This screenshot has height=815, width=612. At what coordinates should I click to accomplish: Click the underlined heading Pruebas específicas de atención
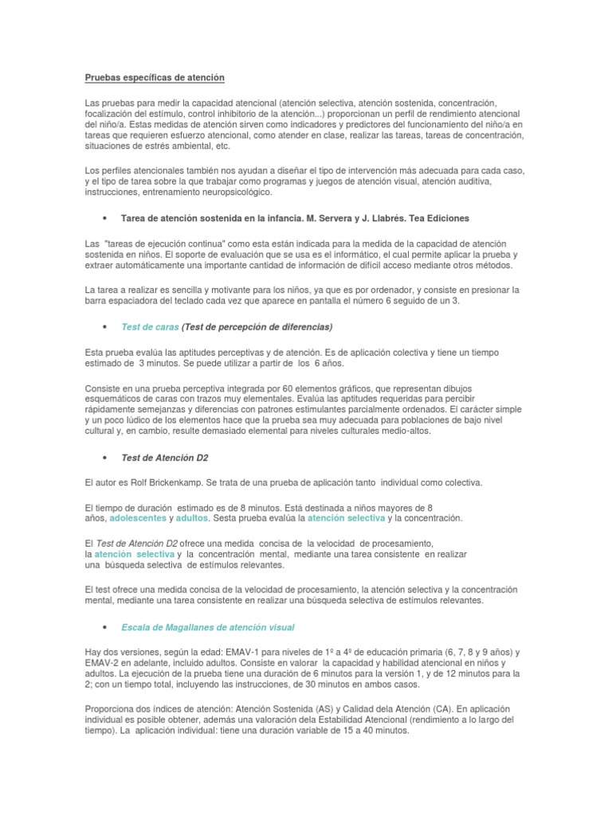coord(155,77)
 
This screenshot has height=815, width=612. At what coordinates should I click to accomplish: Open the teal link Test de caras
coord(150,326)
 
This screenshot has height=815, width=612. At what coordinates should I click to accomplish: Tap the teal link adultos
coord(191,518)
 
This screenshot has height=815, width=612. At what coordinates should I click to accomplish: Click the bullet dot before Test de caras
coord(105,327)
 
